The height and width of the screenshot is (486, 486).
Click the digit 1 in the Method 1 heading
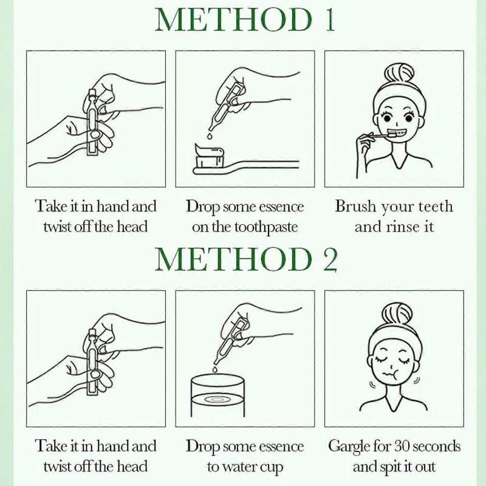pos(330,19)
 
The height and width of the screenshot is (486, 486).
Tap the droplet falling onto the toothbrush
pos(210,136)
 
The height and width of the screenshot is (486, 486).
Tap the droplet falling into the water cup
pos(214,369)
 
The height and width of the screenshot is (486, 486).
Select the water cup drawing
pos(217,395)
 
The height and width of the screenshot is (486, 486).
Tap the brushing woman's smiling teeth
pos(395,134)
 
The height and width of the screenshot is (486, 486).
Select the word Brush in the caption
pos(355,206)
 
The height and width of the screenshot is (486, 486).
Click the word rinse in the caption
pos(401,227)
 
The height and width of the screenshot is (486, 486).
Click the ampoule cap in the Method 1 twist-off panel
pos(91,94)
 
